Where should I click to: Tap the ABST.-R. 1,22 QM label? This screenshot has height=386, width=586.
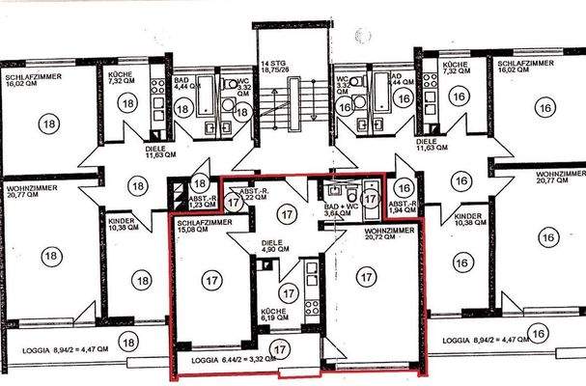(253, 193)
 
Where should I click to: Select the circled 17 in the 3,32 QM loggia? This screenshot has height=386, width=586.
(280, 349)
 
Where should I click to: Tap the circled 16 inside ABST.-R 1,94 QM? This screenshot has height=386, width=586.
(404, 189)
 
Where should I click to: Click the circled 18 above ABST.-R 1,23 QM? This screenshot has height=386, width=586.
(200, 182)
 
